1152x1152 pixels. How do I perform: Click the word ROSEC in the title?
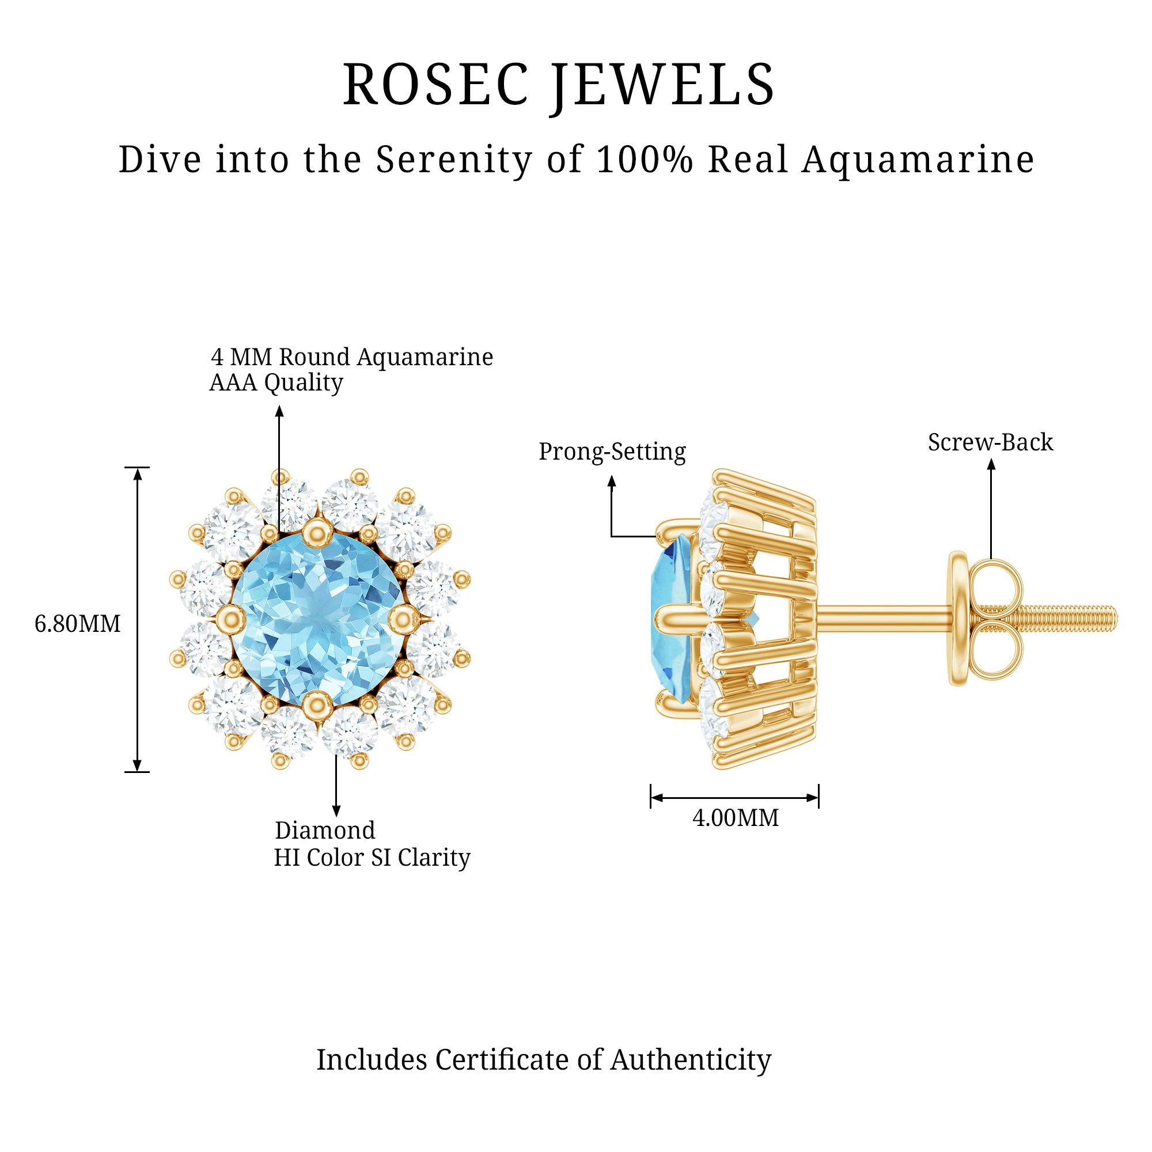436,85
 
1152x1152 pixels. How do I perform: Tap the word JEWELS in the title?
662,85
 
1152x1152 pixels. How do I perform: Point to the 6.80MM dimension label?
78,624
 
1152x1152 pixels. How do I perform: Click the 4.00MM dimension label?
735,818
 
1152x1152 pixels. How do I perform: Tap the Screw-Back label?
990,442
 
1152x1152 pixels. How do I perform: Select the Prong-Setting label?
612,452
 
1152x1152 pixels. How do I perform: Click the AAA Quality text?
276,383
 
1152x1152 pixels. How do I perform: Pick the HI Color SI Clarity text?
372,858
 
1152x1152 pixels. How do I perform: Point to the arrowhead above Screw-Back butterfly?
991,464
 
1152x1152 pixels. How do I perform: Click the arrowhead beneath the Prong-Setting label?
611,481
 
